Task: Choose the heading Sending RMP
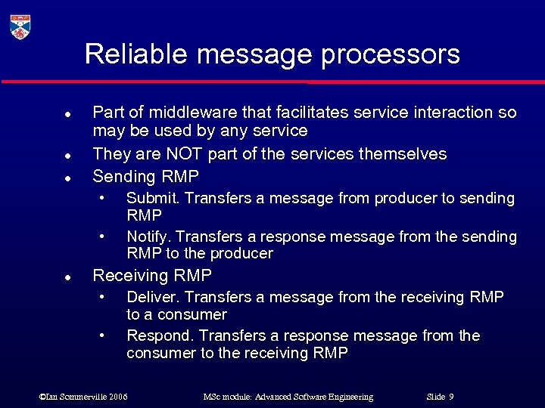tap(145, 177)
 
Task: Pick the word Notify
tap(148, 236)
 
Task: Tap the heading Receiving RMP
tap(151, 275)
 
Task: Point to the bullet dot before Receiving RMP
tap(67, 277)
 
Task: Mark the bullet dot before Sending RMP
tap(67, 179)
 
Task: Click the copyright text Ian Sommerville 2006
tap(83, 397)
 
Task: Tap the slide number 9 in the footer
tap(451, 397)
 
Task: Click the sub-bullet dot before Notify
tap(101, 236)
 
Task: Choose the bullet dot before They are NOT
tap(67, 156)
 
